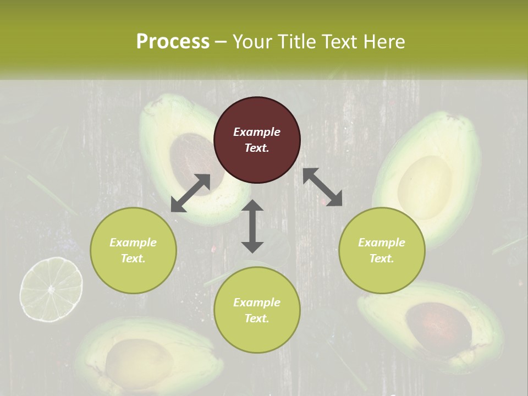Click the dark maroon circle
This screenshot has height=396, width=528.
257,140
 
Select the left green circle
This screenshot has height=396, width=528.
133,250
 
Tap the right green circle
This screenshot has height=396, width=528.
382,250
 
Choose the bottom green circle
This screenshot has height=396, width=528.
257,310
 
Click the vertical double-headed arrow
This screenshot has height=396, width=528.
252,227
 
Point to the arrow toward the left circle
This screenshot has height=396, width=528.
190,193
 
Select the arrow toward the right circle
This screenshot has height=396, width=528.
322,187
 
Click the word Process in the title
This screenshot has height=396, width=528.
173,41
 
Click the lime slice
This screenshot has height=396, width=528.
51,289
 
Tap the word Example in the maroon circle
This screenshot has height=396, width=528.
257,132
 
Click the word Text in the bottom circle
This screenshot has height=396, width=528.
255,318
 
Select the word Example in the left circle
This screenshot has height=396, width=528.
133,243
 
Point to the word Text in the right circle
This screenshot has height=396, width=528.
380,258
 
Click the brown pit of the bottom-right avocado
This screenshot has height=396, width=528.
438,329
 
